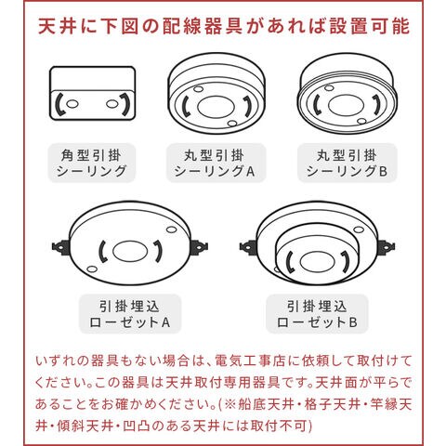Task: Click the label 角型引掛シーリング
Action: click(92, 163)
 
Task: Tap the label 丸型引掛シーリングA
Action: click(215, 163)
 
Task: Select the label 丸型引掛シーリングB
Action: click(348, 163)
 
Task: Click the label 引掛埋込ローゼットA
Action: click(130, 314)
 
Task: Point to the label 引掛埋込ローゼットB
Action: click(317, 314)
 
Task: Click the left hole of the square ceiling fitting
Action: click(72, 104)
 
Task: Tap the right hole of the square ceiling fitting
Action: click(111, 104)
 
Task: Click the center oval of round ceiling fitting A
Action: click(216, 107)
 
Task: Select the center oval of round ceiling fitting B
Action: click(346, 105)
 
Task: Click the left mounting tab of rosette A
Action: click(60, 247)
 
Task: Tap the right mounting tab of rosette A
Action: click(200, 247)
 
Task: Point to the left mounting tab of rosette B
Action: click(248, 247)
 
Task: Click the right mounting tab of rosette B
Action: click(386, 247)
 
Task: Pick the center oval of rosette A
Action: click(130, 251)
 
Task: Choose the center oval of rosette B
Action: click(317, 261)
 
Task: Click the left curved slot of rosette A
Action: click(101, 252)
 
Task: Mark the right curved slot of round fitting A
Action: click(248, 106)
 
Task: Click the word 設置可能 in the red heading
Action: click(369, 27)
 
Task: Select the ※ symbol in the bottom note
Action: click(230, 404)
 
